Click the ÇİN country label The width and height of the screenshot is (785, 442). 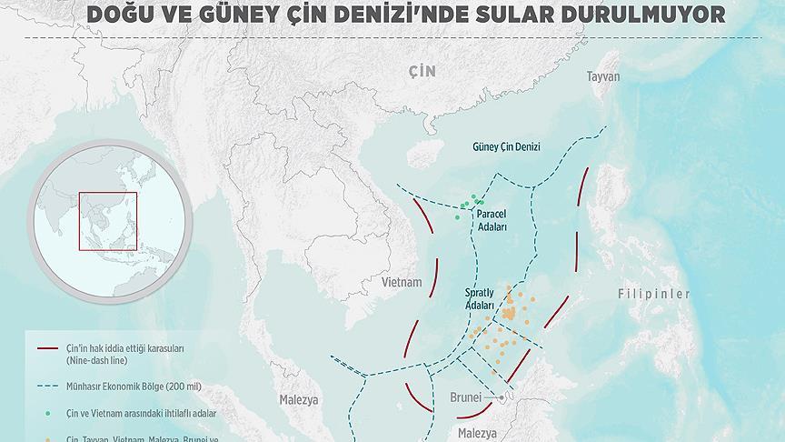(422, 72)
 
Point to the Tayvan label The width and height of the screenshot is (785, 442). (603, 76)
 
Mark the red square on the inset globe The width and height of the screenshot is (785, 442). (107, 221)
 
